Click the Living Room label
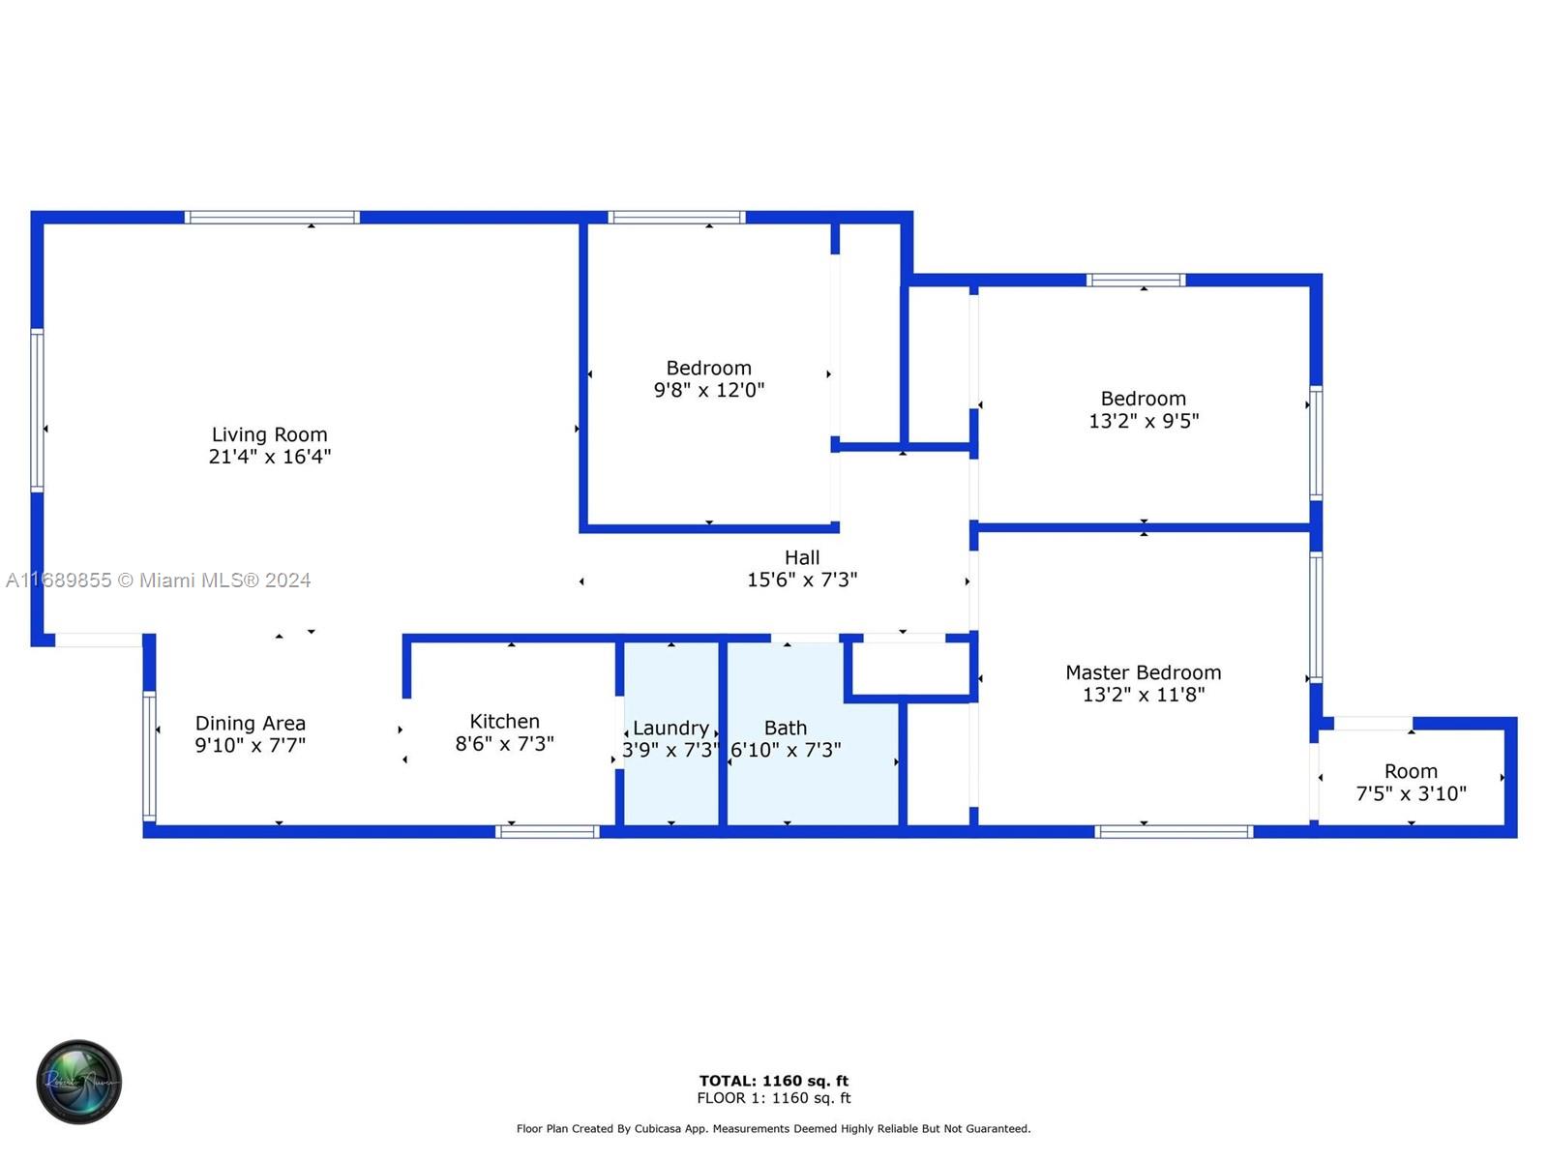pyautogui.click(x=269, y=434)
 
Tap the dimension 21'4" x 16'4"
pyautogui.click(x=269, y=457)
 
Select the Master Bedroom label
pyautogui.click(x=1144, y=672)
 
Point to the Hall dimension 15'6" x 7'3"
pyautogui.click(x=802, y=580)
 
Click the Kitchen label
pyautogui.click(x=504, y=721)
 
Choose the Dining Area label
pyautogui.click(x=251, y=724)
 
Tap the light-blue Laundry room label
pyautogui.click(x=670, y=728)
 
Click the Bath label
pyautogui.click(x=785, y=728)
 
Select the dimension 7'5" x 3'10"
pyautogui.click(x=1411, y=793)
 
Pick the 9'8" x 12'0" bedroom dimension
pyautogui.click(x=709, y=390)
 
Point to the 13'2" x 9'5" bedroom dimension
pyautogui.click(x=1144, y=421)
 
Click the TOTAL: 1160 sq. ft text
pyautogui.click(x=774, y=1081)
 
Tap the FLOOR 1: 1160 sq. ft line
pyautogui.click(x=774, y=1097)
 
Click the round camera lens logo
pyautogui.click(x=79, y=1082)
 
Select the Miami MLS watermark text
pyautogui.click(x=158, y=580)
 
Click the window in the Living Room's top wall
pyautogui.click(x=272, y=217)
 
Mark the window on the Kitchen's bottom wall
pyautogui.click(x=548, y=832)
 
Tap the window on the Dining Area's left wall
pyautogui.click(x=150, y=757)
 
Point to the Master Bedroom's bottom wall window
pyautogui.click(x=1174, y=832)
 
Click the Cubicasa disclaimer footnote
pyautogui.click(x=773, y=1128)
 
